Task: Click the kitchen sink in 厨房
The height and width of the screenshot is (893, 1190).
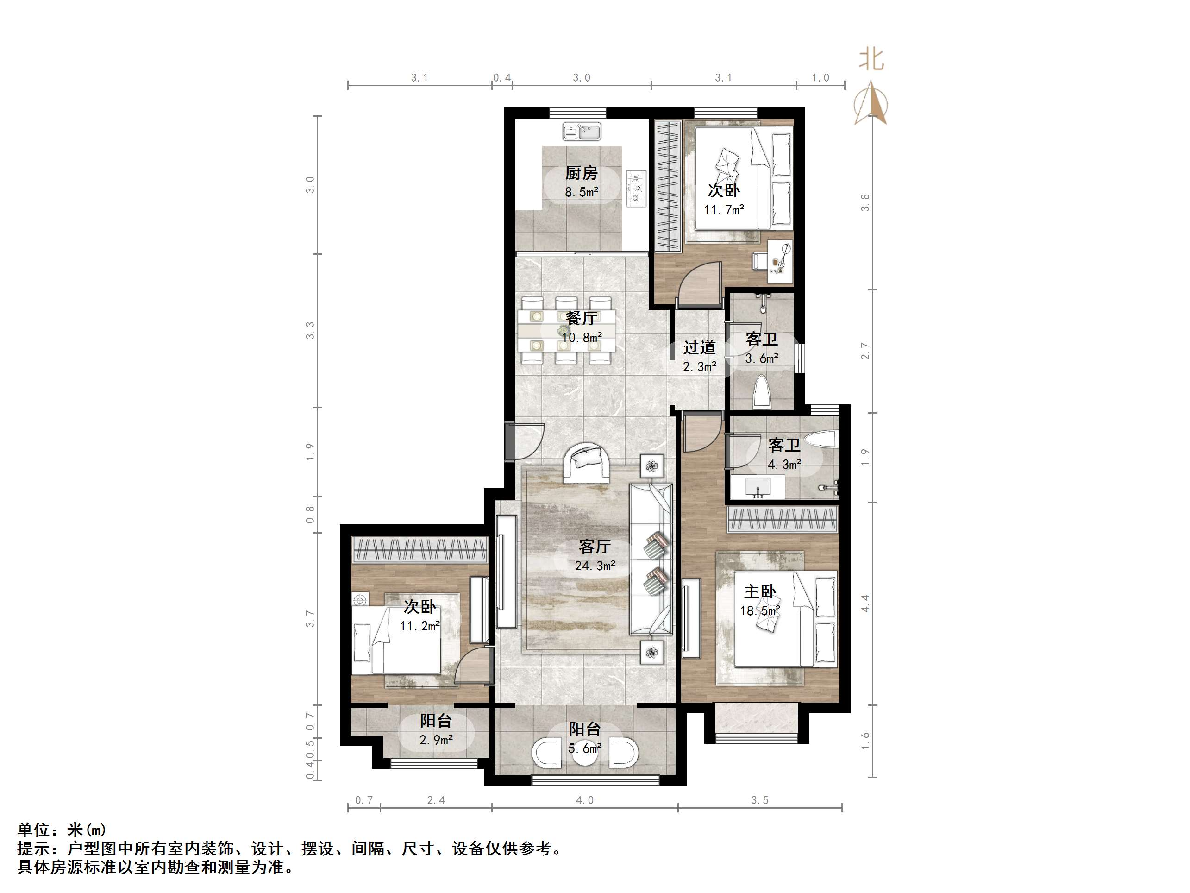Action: (x=582, y=132)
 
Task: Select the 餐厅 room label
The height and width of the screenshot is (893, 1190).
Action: (x=581, y=318)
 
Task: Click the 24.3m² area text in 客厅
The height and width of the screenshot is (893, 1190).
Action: (x=595, y=566)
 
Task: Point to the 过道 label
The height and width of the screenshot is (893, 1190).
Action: (x=699, y=348)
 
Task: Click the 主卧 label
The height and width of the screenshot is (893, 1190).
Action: (x=760, y=592)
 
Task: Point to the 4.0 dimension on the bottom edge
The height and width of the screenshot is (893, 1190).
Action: (x=584, y=800)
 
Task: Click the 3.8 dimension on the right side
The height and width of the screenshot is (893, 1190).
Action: (x=865, y=202)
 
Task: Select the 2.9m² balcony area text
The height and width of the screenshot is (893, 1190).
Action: (x=436, y=740)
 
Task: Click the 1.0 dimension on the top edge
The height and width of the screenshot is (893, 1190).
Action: (x=820, y=77)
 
